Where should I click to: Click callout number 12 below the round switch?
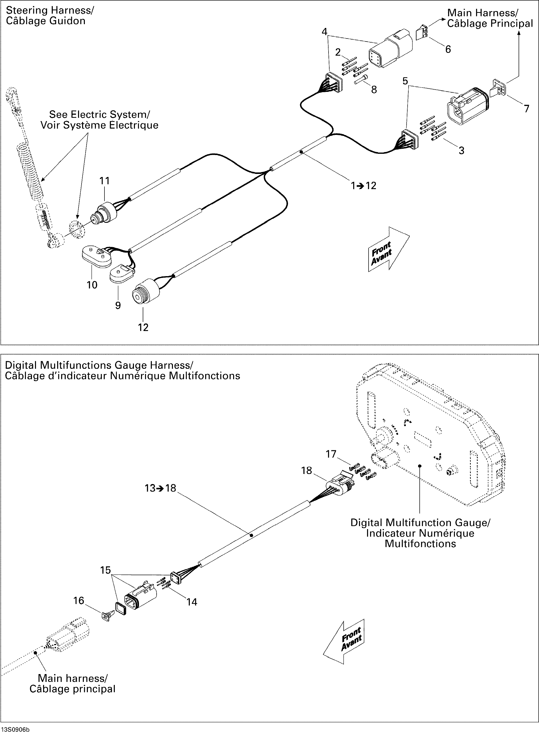(x=143, y=327)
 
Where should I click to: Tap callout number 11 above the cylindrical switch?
(x=104, y=181)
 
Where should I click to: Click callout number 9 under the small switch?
(x=118, y=305)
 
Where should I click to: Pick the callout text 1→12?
(x=364, y=186)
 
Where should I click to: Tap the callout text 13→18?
(x=160, y=488)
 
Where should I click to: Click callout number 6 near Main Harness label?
(x=448, y=49)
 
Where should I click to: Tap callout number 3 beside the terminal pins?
(x=461, y=150)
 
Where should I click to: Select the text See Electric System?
(x=99, y=115)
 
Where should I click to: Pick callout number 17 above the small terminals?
(x=331, y=454)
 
